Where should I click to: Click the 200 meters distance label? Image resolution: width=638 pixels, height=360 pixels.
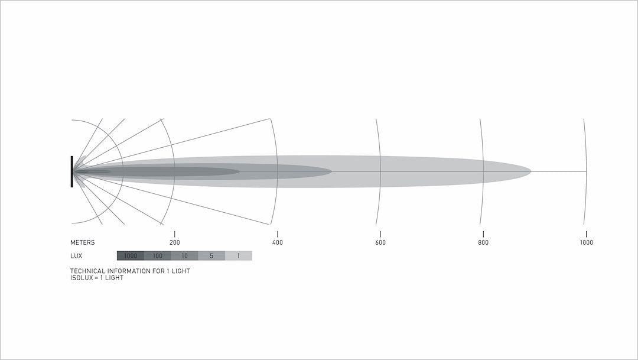point(174,242)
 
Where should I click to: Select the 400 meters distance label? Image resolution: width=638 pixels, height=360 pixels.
point(278,242)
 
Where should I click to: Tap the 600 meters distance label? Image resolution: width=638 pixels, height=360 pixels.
point(380,242)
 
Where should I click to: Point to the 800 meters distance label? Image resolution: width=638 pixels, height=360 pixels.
point(483,242)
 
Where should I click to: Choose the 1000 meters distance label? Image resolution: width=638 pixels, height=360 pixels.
point(587,242)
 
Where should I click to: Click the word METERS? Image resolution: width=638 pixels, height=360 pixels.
point(82,242)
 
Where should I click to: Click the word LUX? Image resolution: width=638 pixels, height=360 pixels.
point(76,256)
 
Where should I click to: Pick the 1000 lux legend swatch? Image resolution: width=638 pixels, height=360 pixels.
point(130,256)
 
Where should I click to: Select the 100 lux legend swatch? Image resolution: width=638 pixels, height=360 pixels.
point(158,256)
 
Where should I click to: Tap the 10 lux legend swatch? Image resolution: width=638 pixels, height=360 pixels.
point(184,256)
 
